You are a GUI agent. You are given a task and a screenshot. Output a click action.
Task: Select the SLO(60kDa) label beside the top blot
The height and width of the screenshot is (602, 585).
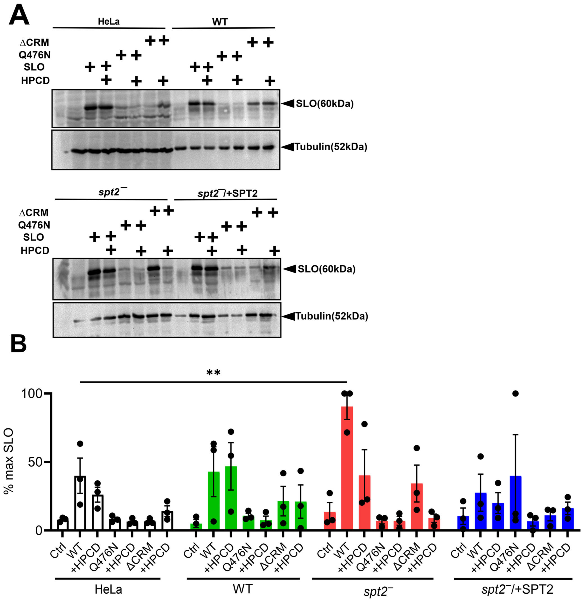[x=324, y=104]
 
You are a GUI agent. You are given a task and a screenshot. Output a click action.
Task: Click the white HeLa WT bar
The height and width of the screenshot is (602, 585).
[x=80, y=507]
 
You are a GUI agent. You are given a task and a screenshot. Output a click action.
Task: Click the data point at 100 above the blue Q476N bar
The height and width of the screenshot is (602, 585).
[x=515, y=394]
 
